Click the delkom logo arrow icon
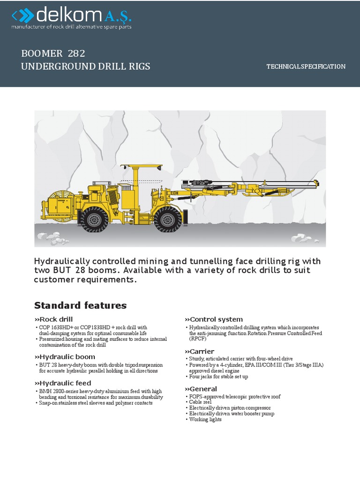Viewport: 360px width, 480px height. coord(22,17)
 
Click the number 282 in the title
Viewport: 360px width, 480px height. coord(76,53)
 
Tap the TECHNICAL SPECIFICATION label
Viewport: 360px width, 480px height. coord(306,67)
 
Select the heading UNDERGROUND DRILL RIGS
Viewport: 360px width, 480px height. coord(86,66)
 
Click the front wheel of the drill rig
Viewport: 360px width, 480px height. coord(168,218)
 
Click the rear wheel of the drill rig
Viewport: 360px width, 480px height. coord(94,218)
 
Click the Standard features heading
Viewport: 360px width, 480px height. coord(80,306)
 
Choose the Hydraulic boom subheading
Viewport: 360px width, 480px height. coord(64,357)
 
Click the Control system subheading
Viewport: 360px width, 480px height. coord(214,319)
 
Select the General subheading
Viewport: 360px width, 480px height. coord(201,389)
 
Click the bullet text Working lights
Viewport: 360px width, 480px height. coord(205,420)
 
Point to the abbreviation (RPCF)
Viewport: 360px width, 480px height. coord(197,338)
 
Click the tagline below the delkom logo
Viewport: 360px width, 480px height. coord(71,27)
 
